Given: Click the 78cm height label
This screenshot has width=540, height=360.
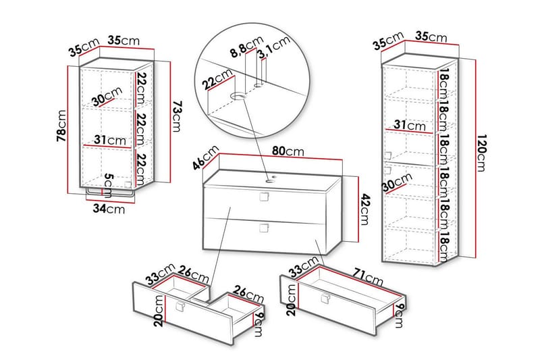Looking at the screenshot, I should (x=61, y=126).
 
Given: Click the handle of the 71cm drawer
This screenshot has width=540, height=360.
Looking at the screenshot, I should (x=327, y=299).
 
